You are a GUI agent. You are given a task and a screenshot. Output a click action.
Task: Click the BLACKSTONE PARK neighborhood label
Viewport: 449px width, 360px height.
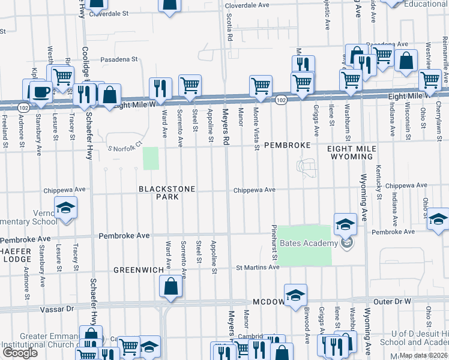pos(167,193)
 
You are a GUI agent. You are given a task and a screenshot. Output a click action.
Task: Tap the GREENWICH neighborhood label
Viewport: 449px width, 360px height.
pos(139,271)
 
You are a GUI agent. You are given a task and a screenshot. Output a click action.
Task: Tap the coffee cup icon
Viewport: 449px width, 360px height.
pos(41,92)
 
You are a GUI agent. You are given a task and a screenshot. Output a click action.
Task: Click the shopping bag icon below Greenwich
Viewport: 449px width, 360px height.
pos(171,289)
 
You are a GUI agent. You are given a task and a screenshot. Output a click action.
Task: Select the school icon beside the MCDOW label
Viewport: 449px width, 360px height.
pos(295,296)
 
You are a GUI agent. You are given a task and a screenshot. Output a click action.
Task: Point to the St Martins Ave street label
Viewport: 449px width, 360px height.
pos(257,268)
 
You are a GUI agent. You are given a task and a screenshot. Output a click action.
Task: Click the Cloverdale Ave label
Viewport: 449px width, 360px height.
pos(246,6)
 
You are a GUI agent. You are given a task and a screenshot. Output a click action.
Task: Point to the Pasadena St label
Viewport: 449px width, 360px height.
pos(119,60)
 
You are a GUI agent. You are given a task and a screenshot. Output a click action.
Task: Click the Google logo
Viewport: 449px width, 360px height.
pos(20,353)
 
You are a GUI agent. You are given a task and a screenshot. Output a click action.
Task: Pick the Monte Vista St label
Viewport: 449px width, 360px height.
pos(256,128)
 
